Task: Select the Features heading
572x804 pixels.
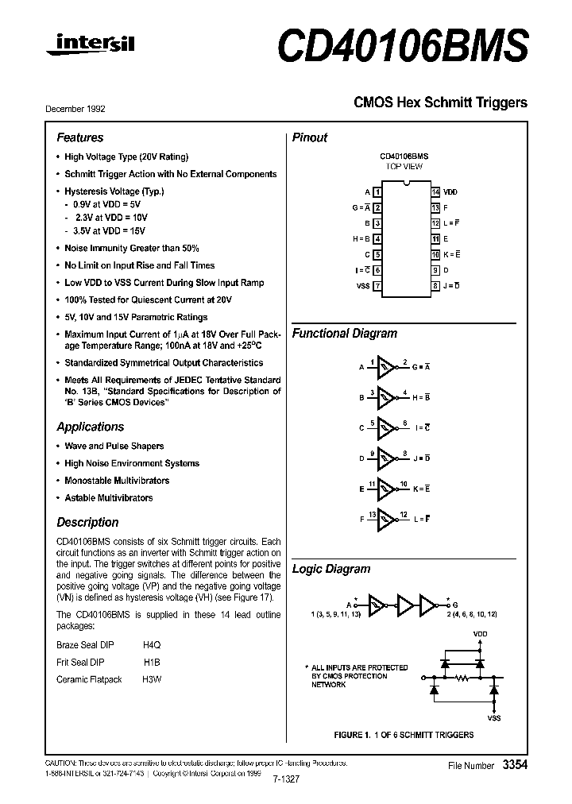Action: click(x=80, y=137)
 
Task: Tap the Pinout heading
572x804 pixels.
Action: click(x=310, y=137)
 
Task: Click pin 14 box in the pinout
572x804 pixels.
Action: click(x=435, y=192)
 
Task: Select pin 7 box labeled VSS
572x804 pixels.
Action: click(x=377, y=286)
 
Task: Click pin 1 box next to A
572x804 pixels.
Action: click(x=377, y=192)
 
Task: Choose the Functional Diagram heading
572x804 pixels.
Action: click(x=344, y=334)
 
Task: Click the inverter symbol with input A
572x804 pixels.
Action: click(x=386, y=366)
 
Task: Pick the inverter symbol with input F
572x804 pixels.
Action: click(x=386, y=519)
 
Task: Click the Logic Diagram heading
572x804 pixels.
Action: click(x=331, y=569)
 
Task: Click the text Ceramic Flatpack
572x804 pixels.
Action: click(x=89, y=679)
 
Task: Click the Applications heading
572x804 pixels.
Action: click(x=90, y=427)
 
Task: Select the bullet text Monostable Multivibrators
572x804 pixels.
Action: click(x=117, y=481)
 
